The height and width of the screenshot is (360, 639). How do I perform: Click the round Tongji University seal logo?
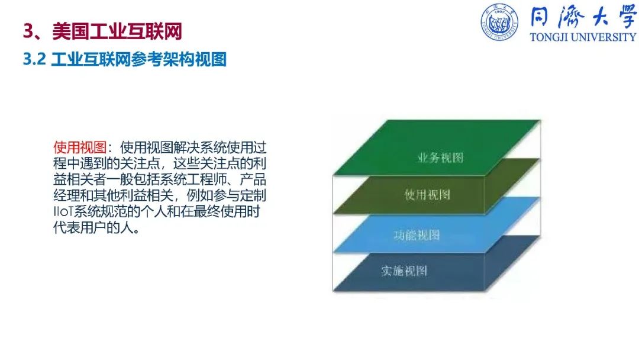(x=499, y=22)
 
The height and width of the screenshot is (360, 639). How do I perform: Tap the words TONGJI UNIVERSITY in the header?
(x=583, y=37)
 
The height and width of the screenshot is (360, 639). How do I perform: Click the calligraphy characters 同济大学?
(x=583, y=17)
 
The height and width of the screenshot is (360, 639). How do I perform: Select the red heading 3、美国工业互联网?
(x=102, y=31)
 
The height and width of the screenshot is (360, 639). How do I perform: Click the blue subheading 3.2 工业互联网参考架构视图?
(x=125, y=60)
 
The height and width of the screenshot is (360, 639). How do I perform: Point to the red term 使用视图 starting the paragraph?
(x=80, y=147)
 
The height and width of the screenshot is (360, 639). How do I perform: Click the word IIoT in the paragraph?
(x=63, y=211)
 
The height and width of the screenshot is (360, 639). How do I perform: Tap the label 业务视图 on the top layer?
(x=440, y=157)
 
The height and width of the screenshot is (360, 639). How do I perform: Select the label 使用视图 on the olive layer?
(x=427, y=194)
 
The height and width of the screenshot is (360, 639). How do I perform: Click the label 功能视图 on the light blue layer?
(x=417, y=235)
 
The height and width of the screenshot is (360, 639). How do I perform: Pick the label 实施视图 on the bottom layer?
(x=404, y=271)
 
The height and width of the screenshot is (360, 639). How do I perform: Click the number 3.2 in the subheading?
(x=34, y=60)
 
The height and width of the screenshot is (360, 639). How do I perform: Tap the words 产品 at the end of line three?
(x=253, y=179)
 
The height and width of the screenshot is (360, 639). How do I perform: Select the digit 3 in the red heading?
(x=28, y=31)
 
